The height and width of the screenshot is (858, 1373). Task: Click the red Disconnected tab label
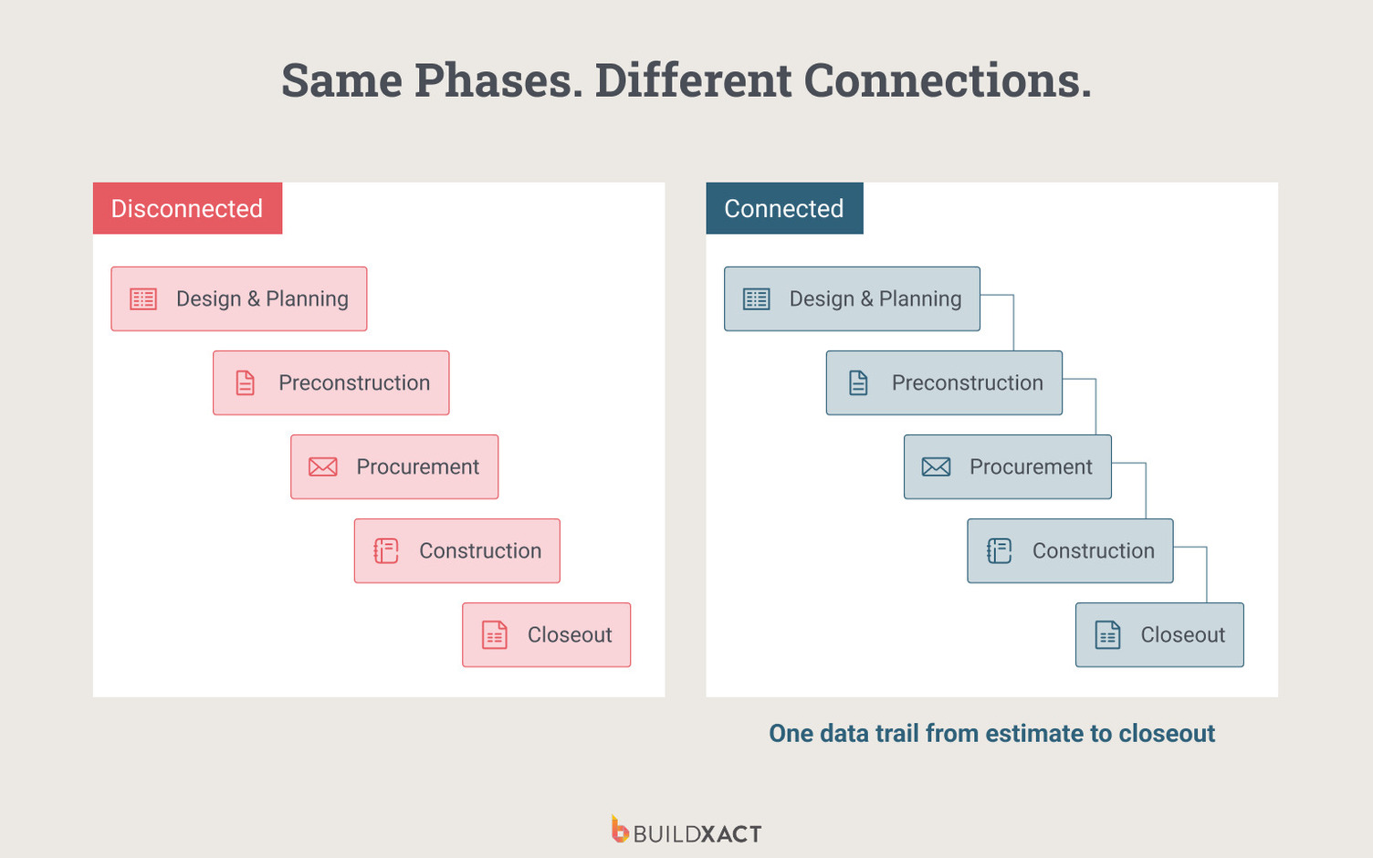point(187,208)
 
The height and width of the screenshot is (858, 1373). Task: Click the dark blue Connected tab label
point(784,208)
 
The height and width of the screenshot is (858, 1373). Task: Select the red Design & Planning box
point(239,298)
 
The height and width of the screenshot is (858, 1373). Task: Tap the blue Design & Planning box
point(852,298)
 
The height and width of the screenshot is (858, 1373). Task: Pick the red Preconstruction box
point(330,382)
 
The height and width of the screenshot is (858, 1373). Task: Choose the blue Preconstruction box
point(944,382)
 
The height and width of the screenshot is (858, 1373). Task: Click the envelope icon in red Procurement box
point(323,467)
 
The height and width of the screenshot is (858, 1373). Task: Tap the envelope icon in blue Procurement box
point(936,467)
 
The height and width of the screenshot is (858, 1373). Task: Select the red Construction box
point(456,550)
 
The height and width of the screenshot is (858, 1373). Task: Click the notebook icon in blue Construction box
point(1000,550)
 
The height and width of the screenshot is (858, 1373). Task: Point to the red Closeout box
point(546,634)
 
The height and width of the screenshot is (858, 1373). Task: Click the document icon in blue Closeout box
point(1107,634)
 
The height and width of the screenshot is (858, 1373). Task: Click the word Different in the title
point(693,80)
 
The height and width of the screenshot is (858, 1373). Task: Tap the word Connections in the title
point(947,80)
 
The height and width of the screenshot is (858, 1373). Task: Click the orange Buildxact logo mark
point(620,830)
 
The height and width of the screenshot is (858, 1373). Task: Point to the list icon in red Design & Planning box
point(143,299)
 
